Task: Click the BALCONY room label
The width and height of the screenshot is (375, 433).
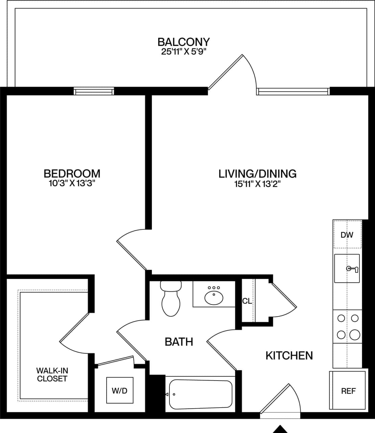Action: tap(184, 42)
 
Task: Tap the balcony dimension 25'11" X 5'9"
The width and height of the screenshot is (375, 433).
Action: tap(184, 52)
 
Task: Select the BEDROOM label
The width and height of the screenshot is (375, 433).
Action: tap(72, 174)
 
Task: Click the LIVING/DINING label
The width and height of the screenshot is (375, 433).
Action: tap(257, 174)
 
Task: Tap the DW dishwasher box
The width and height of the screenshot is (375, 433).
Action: tap(347, 235)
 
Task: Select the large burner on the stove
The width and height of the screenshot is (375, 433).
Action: tap(354, 335)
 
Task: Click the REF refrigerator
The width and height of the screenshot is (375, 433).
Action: tap(348, 391)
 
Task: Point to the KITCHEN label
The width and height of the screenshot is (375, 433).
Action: tap(289, 356)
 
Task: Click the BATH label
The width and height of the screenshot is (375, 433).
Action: tap(179, 342)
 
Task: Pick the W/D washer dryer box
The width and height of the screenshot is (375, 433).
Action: tap(119, 391)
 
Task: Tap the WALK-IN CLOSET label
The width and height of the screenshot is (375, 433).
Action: tap(52, 375)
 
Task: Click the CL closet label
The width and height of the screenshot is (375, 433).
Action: tap(247, 301)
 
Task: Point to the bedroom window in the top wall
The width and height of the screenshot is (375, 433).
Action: tap(94, 91)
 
